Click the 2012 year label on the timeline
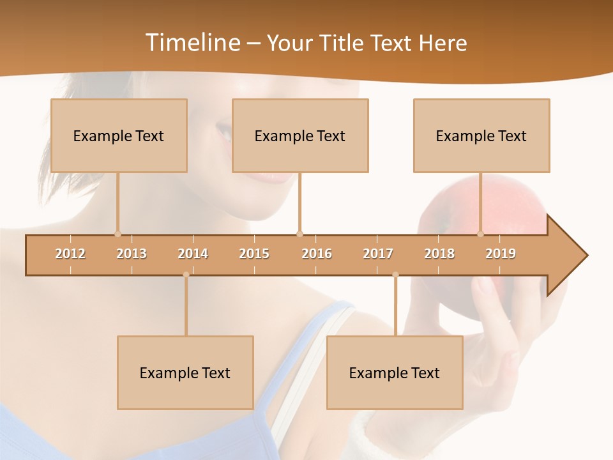tap(70, 254)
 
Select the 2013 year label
tap(132, 254)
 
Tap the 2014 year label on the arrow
tap(193, 254)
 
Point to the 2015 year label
tap(254, 254)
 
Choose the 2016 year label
tap(317, 254)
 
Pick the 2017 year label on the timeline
tap(378, 254)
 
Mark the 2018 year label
tap(439, 254)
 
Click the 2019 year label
tap(501, 254)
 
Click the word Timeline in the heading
tap(192, 43)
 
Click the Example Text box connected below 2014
tap(185, 372)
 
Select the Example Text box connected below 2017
tap(395, 372)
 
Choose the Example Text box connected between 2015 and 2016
tap(300, 135)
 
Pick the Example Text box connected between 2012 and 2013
tap(119, 135)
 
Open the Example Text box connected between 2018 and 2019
tap(481, 135)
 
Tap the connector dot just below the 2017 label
tap(395, 275)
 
